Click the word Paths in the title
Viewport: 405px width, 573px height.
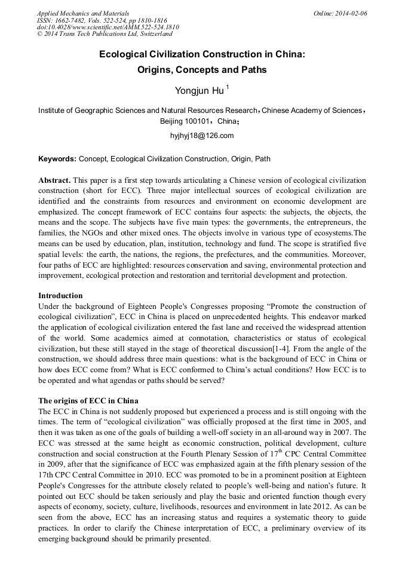(253, 70)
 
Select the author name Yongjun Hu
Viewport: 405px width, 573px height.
(200, 91)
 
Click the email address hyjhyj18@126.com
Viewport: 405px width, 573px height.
(202, 136)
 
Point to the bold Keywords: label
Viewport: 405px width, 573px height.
(57, 160)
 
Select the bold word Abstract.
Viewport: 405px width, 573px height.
(54, 180)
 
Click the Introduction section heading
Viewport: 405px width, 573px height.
(60, 295)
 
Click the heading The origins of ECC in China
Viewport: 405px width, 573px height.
(88, 400)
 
